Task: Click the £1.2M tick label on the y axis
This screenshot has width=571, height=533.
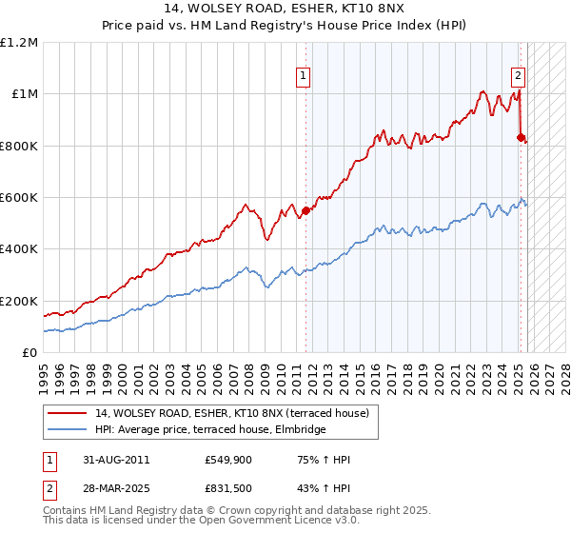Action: [x=19, y=43]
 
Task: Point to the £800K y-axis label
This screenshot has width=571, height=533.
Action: [x=19, y=146]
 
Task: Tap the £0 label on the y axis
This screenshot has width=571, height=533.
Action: [x=30, y=352]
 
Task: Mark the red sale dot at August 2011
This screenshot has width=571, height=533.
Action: [x=305, y=210]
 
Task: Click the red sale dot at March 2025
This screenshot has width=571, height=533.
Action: [x=521, y=138]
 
